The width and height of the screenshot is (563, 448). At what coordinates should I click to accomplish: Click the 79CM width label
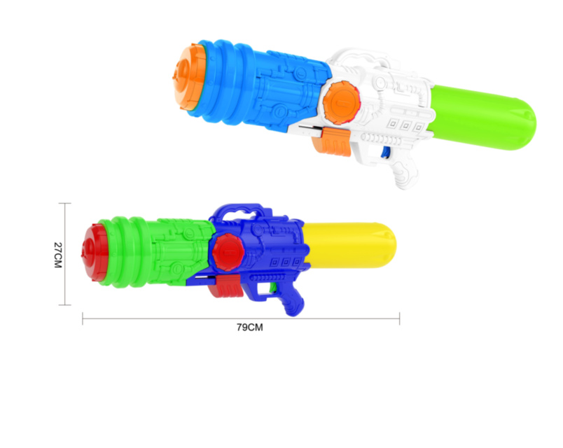[x=249, y=328]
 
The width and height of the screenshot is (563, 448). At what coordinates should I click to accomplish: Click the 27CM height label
[x=58, y=255]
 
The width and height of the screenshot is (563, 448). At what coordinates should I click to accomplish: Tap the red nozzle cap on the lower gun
[x=95, y=253]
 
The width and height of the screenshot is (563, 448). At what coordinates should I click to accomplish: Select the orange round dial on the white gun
[x=341, y=103]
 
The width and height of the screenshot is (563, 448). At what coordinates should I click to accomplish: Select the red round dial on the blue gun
[x=228, y=252]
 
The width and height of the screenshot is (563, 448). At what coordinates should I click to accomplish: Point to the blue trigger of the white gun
[x=385, y=152]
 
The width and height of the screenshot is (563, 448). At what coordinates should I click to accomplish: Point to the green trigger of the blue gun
[x=273, y=286]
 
